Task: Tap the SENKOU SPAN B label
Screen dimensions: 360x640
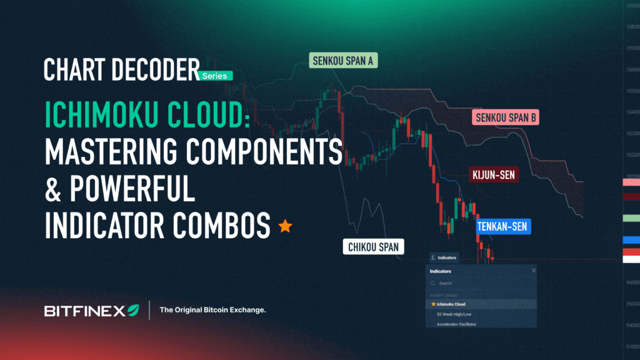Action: [x=505, y=117]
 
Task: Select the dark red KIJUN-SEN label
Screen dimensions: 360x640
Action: [x=493, y=175]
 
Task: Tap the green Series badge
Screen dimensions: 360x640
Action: [x=216, y=76]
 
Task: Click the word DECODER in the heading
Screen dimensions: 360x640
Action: [x=154, y=70]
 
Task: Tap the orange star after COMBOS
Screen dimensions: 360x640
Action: [x=285, y=226]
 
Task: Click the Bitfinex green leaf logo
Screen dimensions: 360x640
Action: [x=133, y=310]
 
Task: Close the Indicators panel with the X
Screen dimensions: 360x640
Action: [x=534, y=271]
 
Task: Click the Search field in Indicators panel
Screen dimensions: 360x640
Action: [x=481, y=283]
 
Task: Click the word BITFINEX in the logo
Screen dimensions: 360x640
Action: [x=84, y=311]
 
